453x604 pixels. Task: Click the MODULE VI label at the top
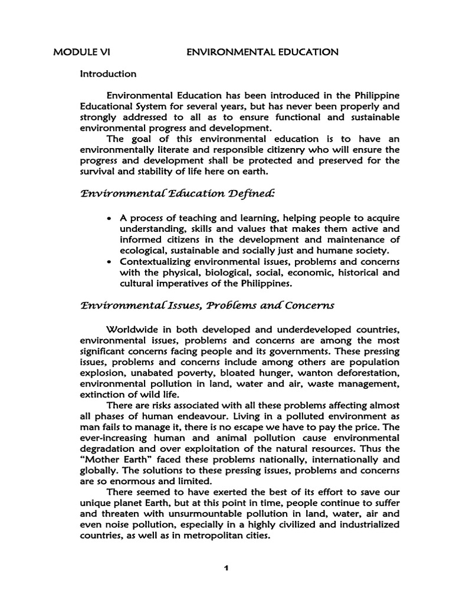[81, 52]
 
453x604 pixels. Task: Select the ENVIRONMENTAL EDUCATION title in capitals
[262, 52]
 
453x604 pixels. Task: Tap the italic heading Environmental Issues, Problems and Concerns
[207, 305]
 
